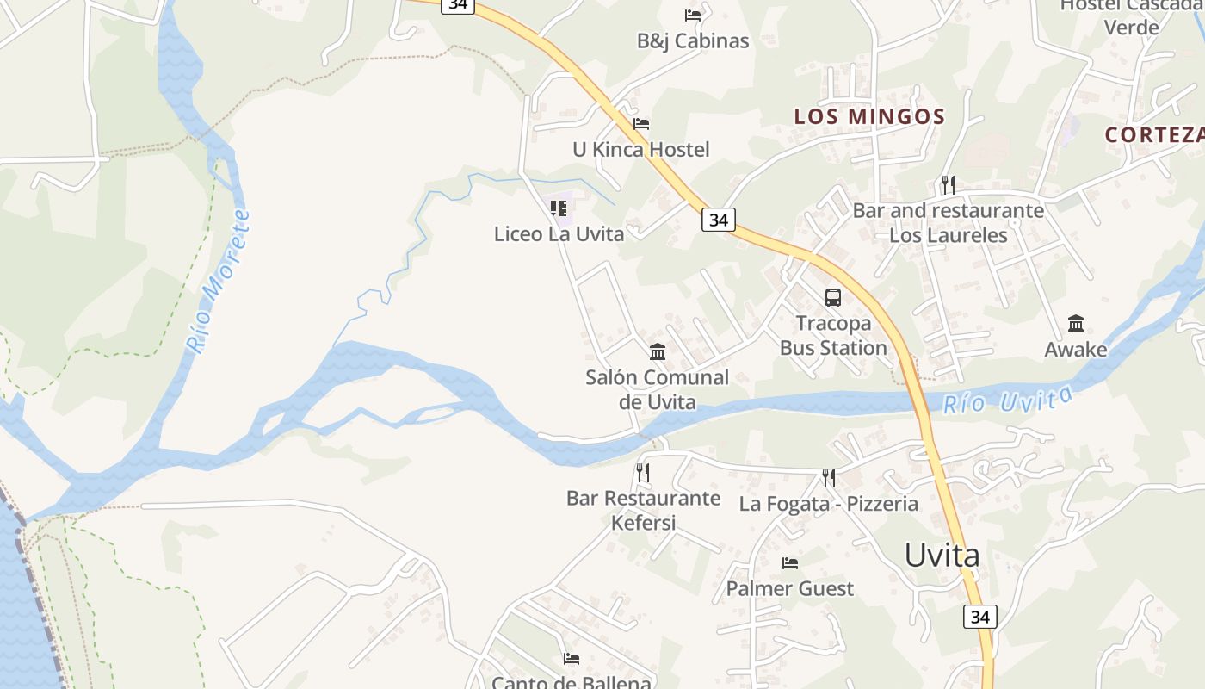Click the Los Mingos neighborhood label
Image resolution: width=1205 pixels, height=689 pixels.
pyautogui.click(x=869, y=116)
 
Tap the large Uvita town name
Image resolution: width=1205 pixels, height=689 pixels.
pyautogui.click(x=942, y=556)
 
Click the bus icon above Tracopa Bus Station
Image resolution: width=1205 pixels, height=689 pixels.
pyautogui.click(x=833, y=298)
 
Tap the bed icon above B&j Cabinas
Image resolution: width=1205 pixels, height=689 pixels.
pyautogui.click(x=693, y=15)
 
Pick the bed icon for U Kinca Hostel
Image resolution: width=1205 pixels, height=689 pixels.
pyautogui.click(x=641, y=124)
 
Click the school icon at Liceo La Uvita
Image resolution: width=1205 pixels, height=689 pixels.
pyautogui.click(x=559, y=208)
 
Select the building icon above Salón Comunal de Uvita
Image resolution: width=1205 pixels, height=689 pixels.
pyautogui.click(x=658, y=351)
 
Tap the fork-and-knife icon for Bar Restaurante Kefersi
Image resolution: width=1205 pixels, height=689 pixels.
pyautogui.click(x=642, y=472)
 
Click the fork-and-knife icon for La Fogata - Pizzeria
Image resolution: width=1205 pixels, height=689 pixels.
pyautogui.click(x=829, y=477)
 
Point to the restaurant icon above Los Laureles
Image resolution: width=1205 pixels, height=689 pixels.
pyautogui.click(x=948, y=184)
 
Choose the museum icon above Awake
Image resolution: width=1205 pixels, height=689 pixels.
pyautogui.click(x=1076, y=324)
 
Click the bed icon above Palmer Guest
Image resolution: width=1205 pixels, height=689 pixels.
pyautogui.click(x=790, y=563)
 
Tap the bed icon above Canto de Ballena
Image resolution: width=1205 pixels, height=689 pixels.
pyautogui.click(x=572, y=659)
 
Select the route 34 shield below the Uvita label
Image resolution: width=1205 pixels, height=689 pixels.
pyautogui.click(x=979, y=617)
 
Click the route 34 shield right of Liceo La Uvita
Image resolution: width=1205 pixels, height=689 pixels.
pyautogui.click(x=718, y=220)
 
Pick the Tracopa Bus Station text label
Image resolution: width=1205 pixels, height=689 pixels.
pyautogui.click(x=833, y=336)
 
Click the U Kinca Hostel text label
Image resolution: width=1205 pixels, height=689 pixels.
pyautogui.click(x=641, y=150)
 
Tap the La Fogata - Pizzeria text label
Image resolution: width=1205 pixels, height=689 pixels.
pyautogui.click(x=829, y=504)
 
